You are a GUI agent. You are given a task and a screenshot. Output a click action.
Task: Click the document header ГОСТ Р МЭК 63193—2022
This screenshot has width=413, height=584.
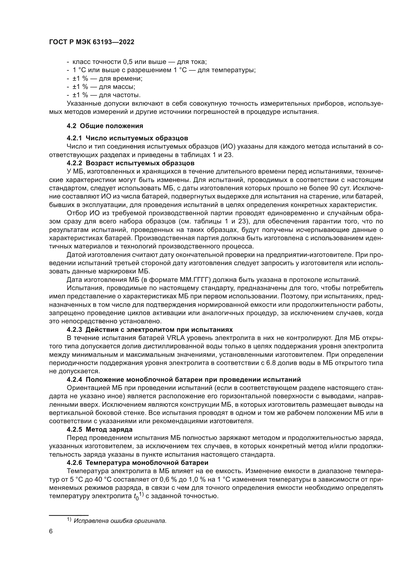click(92, 42)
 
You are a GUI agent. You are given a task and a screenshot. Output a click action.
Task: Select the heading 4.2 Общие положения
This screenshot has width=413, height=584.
click(105, 126)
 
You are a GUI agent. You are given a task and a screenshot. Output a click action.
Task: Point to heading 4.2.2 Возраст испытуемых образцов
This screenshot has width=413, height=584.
click(130, 163)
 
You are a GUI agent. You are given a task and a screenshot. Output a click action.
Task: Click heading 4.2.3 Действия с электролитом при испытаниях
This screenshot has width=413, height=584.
click(150, 330)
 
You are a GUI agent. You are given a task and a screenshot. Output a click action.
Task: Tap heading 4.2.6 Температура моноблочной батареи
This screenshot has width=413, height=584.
click(137, 463)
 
